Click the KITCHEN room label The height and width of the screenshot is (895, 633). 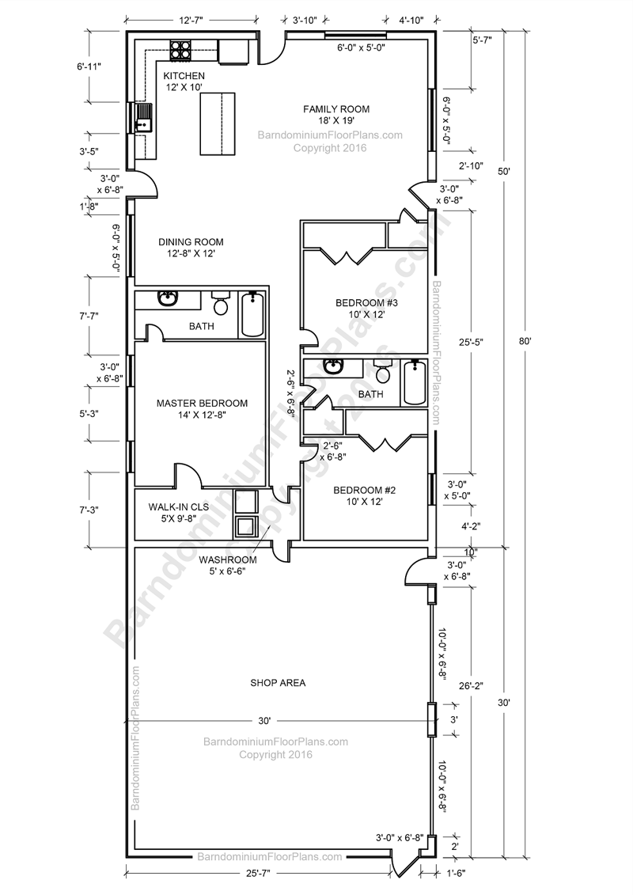[x=184, y=75]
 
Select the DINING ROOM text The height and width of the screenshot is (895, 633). [x=191, y=242]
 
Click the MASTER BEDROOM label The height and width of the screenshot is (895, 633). [x=202, y=403]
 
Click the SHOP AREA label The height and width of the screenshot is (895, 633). [x=278, y=682]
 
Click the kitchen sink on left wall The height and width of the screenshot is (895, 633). [x=144, y=118]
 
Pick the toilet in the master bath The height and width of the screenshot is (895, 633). [x=221, y=302]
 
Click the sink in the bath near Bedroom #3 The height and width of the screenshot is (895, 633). [x=333, y=368]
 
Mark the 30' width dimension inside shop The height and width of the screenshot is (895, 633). [x=264, y=720]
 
